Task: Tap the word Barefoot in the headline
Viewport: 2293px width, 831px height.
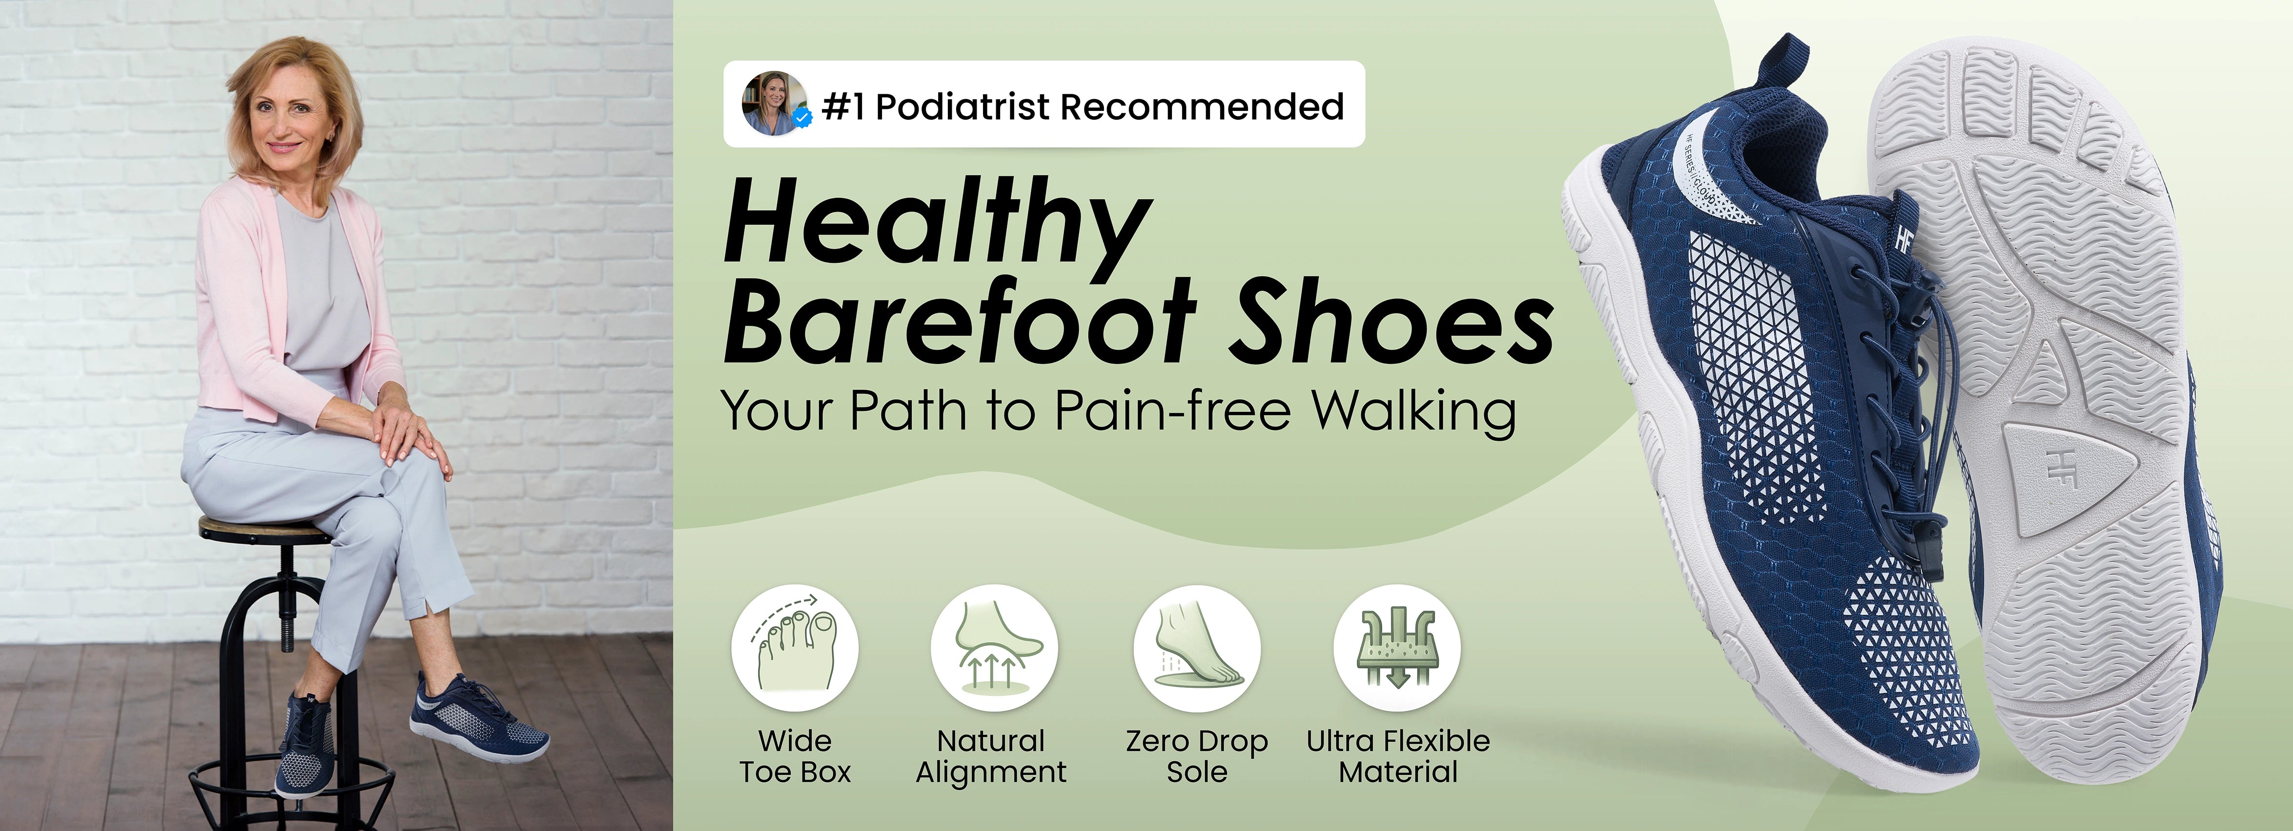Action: pos(960,320)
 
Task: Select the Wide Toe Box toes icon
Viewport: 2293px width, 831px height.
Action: pos(795,647)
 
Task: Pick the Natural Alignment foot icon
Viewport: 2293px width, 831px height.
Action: pos(994,647)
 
